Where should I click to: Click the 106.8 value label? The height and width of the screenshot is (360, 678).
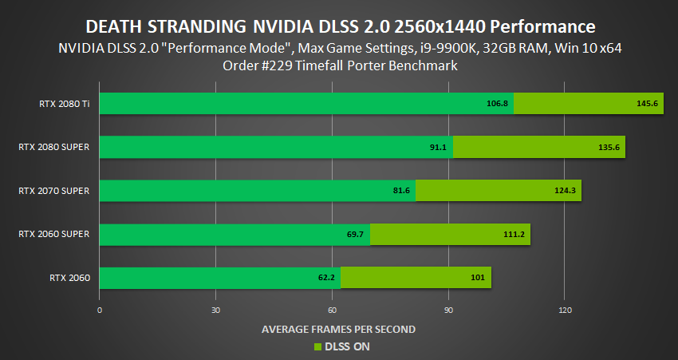pos(497,104)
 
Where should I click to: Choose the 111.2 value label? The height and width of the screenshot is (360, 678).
pos(514,235)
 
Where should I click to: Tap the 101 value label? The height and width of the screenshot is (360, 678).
pos(479,278)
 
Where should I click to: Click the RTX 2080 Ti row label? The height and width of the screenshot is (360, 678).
pos(64,104)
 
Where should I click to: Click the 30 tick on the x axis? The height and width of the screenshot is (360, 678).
pos(215,310)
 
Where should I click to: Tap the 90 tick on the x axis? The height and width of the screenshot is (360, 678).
pos(449,310)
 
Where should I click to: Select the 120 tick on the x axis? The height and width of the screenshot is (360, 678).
pos(566,310)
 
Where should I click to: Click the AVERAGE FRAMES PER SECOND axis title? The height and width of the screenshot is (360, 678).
pos(338,329)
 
